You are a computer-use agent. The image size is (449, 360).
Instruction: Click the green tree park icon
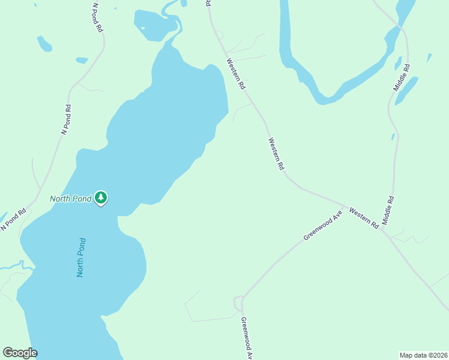[x=101, y=197]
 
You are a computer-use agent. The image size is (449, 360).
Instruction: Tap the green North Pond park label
[x=70, y=199]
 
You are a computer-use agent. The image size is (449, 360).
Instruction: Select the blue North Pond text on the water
[x=82, y=257]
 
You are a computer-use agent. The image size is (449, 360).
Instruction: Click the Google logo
[x=20, y=353]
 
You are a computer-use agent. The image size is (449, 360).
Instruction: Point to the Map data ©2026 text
[x=423, y=355]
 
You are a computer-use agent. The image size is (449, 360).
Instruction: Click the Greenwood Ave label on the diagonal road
[x=322, y=225]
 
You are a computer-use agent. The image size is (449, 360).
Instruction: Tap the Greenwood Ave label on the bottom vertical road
[x=247, y=337]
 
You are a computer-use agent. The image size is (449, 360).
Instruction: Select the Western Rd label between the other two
[x=276, y=154]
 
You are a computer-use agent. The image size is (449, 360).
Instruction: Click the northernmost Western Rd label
[x=236, y=74]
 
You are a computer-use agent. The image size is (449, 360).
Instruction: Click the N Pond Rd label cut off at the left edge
[x=14, y=219]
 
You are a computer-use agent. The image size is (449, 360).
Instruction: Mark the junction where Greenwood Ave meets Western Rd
[x=345, y=205]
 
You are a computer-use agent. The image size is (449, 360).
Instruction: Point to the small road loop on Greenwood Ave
[x=238, y=302]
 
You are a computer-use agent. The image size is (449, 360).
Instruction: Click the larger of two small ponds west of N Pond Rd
[x=44, y=43]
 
